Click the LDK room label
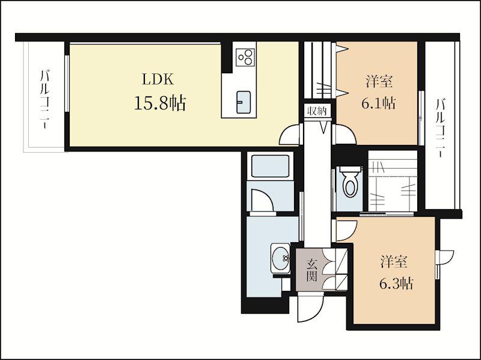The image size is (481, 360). point(158,79)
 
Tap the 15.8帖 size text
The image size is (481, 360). point(159,103)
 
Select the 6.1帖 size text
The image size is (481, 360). point(378,103)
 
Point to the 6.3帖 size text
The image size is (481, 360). point(396,284)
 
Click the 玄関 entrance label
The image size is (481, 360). point(312,270)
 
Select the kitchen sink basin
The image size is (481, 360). point(243,102)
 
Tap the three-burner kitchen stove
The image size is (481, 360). point(245,56)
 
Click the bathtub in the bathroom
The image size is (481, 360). point(270,166)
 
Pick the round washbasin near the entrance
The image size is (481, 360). point(280,258)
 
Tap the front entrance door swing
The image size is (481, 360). point(310,308)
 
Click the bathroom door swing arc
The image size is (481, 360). point(263,201)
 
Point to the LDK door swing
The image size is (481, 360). point(289,134)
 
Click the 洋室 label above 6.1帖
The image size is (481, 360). point(379,82)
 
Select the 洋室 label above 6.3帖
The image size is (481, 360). point(394,261)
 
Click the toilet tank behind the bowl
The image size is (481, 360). point(349,169)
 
